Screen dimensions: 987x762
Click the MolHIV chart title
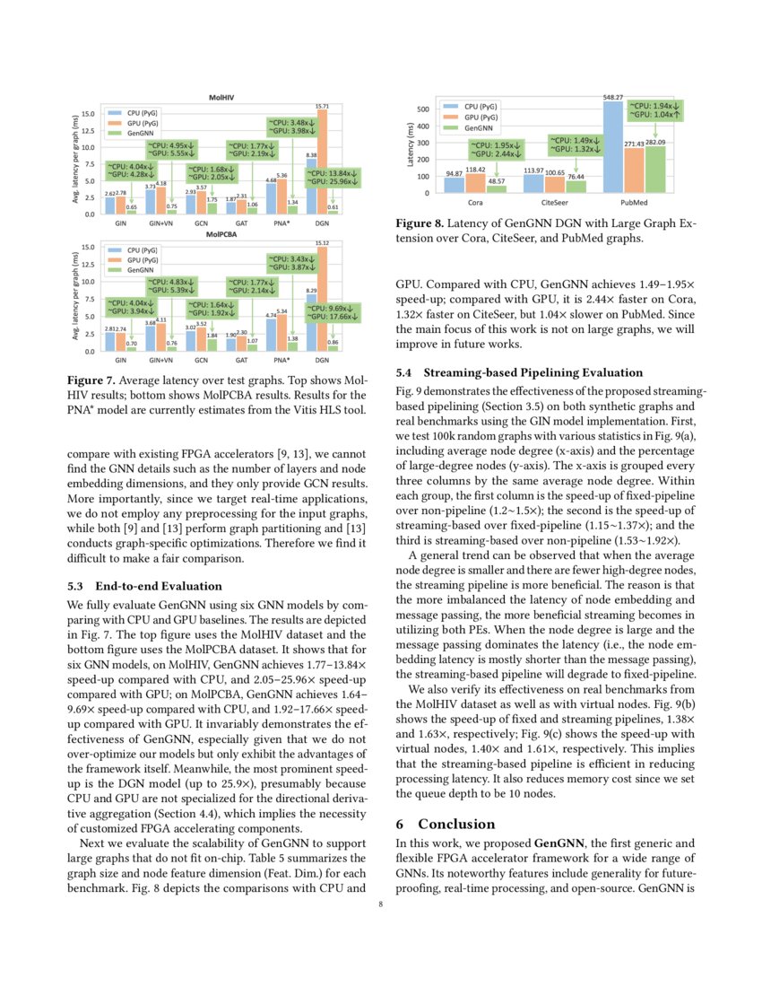(x=221, y=98)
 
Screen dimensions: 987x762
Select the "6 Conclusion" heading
(x=445, y=824)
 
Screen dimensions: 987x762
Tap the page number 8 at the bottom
(x=381, y=904)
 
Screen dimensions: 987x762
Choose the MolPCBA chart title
(x=221, y=235)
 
